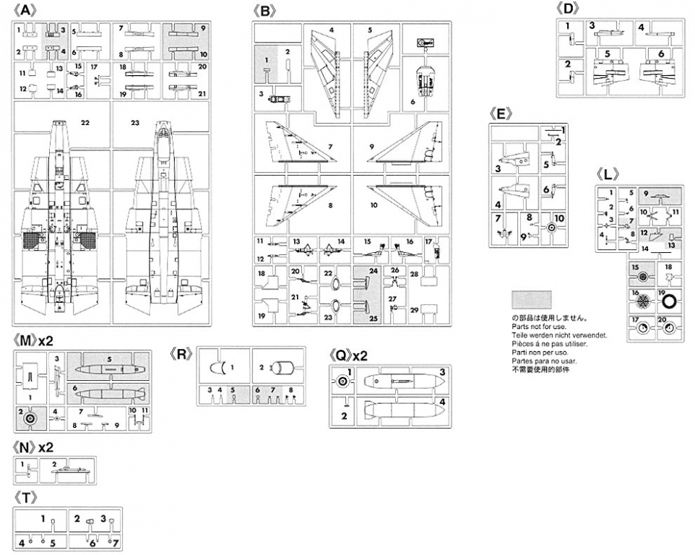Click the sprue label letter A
tap(27, 10)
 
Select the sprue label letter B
tap(266, 11)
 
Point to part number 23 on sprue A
tap(134, 123)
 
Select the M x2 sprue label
tap(34, 340)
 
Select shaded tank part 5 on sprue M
tap(108, 368)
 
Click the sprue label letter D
tap(570, 9)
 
